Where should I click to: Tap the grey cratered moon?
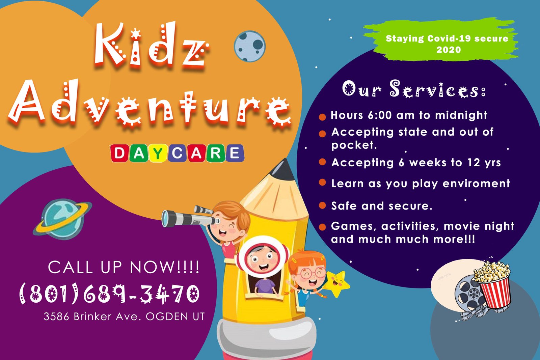click(x=249, y=46)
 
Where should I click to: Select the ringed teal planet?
click(x=62, y=219)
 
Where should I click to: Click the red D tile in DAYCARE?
click(x=119, y=153)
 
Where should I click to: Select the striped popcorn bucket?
click(x=494, y=287)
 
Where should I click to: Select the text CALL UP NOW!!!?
click(x=124, y=267)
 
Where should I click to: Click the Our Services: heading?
click(x=414, y=89)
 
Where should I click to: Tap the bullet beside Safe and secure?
click(x=322, y=205)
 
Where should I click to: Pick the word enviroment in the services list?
click(x=476, y=184)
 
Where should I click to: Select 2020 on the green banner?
click(x=449, y=50)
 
